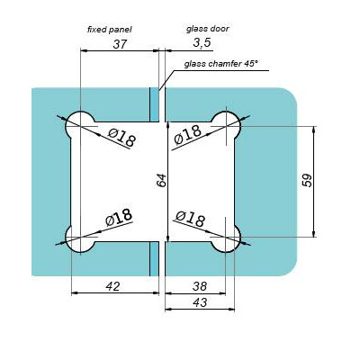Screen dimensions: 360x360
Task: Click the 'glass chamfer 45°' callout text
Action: pos(220,63)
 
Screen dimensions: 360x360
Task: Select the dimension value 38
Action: pos(201,286)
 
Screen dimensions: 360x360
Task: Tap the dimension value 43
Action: pos(202,304)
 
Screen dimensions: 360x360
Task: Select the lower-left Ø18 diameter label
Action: pos(118,217)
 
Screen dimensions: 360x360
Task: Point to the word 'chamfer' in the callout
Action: pos(223,63)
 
